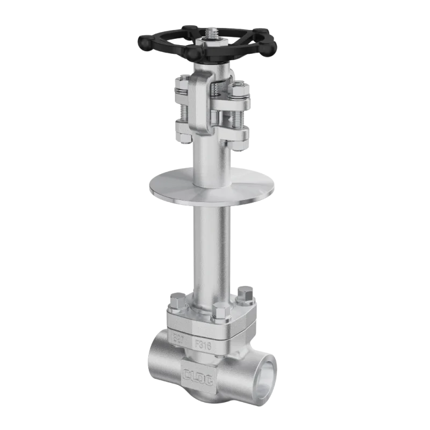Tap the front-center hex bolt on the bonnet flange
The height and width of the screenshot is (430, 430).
point(220,312)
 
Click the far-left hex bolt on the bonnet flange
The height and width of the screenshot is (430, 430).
point(176,302)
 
